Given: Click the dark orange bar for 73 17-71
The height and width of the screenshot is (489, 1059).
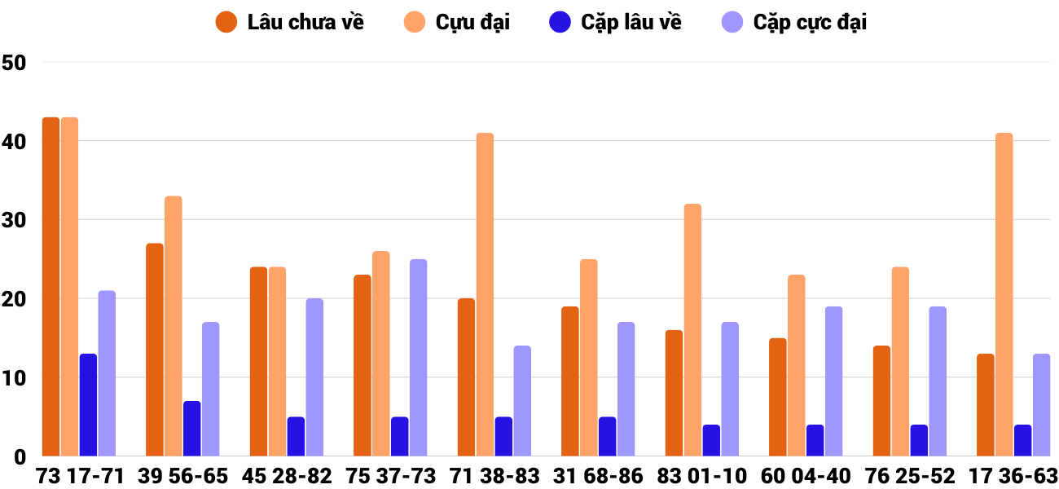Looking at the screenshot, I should click(x=51, y=287).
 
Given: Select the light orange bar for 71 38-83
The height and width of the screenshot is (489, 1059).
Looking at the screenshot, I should click(x=485, y=294).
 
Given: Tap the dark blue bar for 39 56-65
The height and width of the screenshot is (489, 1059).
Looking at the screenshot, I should click(x=191, y=429).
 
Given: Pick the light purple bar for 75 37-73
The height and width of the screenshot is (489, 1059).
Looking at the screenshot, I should click(x=418, y=358).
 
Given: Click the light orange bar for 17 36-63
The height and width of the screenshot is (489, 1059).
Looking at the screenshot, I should click(x=1004, y=294).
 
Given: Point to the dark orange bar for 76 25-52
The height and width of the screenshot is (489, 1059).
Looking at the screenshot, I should click(x=881, y=401).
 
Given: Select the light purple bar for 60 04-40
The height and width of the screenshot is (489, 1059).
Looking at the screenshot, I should click(x=833, y=381).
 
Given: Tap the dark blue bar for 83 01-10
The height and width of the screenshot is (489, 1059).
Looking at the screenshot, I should click(x=711, y=440).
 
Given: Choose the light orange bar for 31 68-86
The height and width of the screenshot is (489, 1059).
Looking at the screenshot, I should click(x=588, y=358).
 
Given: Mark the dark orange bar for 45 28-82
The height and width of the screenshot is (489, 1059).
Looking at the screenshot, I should click(x=258, y=362).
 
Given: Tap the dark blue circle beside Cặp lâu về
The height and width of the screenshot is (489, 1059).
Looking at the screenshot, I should click(x=560, y=22).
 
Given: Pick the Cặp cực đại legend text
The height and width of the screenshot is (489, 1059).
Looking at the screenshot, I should click(x=810, y=22).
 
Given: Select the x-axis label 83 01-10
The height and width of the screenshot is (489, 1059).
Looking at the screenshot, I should click(x=702, y=476).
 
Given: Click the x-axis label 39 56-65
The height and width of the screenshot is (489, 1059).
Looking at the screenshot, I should click(x=182, y=476).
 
